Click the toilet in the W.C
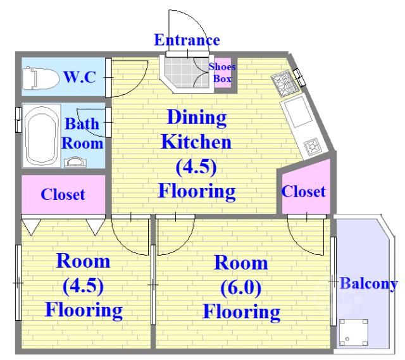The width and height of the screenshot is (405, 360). click(x=40, y=78)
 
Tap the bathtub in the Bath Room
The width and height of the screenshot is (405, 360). click(x=41, y=135)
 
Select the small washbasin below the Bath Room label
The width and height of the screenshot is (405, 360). click(x=75, y=162)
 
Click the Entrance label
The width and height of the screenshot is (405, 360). click(x=187, y=40)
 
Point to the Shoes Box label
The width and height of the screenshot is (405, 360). click(x=222, y=73)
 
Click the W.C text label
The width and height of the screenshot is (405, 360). click(x=80, y=77)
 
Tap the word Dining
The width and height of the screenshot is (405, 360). click(x=197, y=118)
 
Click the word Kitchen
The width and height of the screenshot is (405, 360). click(x=196, y=142)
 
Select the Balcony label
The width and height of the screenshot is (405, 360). click(x=368, y=284)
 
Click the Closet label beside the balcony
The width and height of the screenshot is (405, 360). click(x=303, y=191)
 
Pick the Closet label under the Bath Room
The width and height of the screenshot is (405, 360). click(x=63, y=194)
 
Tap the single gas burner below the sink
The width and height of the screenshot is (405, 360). click(x=313, y=147)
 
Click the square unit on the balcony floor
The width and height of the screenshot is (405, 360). click(x=354, y=332)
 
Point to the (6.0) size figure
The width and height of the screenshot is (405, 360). click(x=240, y=287)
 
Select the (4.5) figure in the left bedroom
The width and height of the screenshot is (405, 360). click(x=83, y=285)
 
